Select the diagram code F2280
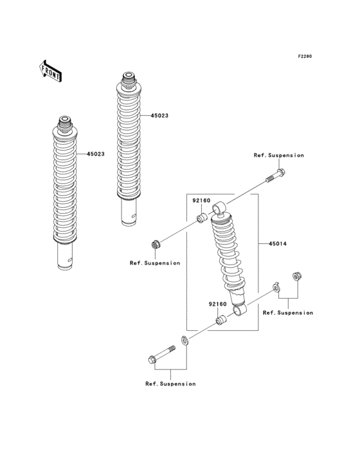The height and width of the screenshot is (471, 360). pyautogui.click(x=304, y=57)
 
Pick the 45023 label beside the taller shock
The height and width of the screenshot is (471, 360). pyautogui.click(x=159, y=116)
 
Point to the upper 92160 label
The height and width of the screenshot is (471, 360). pyautogui.click(x=202, y=201)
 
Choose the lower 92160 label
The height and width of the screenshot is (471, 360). pyautogui.click(x=217, y=304)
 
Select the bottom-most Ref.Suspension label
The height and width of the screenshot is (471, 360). pyautogui.click(x=170, y=383)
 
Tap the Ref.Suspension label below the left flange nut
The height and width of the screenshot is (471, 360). pyautogui.click(x=154, y=263)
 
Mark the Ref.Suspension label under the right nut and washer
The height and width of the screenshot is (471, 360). pyautogui.click(x=288, y=313)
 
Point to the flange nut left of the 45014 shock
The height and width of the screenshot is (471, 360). pyautogui.click(x=154, y=244)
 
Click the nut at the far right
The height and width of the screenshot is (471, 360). pyautogui.click(x=297, y=276)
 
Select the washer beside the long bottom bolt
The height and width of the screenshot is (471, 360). pyautogui.click(x=184, y=341)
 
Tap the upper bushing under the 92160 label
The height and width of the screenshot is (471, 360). pyautogui.click(x=201, y=220)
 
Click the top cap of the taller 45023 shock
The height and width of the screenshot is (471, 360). pyautogui.click(x=127, y=78)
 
